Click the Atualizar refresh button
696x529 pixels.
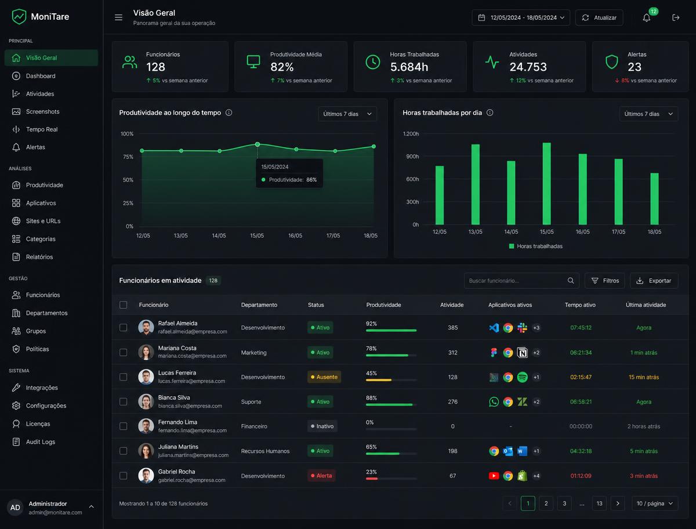click(x=599, y=18)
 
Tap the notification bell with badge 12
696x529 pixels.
click(x=647, y=18)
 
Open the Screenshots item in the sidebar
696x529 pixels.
click(x=42, y=111)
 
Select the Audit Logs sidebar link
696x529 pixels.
click(x=40, y=442)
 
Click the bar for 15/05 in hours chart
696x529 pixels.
click(x=547, y=184)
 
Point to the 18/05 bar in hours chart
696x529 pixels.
click(x=654, y=199)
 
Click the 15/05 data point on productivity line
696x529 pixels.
click(x=258, y=144)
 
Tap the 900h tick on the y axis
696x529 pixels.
click(x=412, y=156)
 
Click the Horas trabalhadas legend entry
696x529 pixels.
click(x=535, y=247)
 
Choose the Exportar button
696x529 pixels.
click(x=654, y=281)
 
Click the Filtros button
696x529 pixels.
click(x=605, y=281)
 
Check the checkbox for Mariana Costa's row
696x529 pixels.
click(x=124, y=353)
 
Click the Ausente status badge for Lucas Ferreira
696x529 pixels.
click(x=324, y=377)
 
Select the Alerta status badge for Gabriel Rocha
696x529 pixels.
click(x=321, y=476)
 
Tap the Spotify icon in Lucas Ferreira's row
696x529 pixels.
click(x=522, y=377)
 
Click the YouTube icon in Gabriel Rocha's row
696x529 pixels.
click(x=494, y=476)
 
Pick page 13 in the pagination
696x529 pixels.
click(x=599, y=503)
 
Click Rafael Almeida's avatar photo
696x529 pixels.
click(x=146, y=327)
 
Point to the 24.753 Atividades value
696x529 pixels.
click(x=528, y=67)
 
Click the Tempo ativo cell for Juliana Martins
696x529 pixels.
click(x=581, y=451)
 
